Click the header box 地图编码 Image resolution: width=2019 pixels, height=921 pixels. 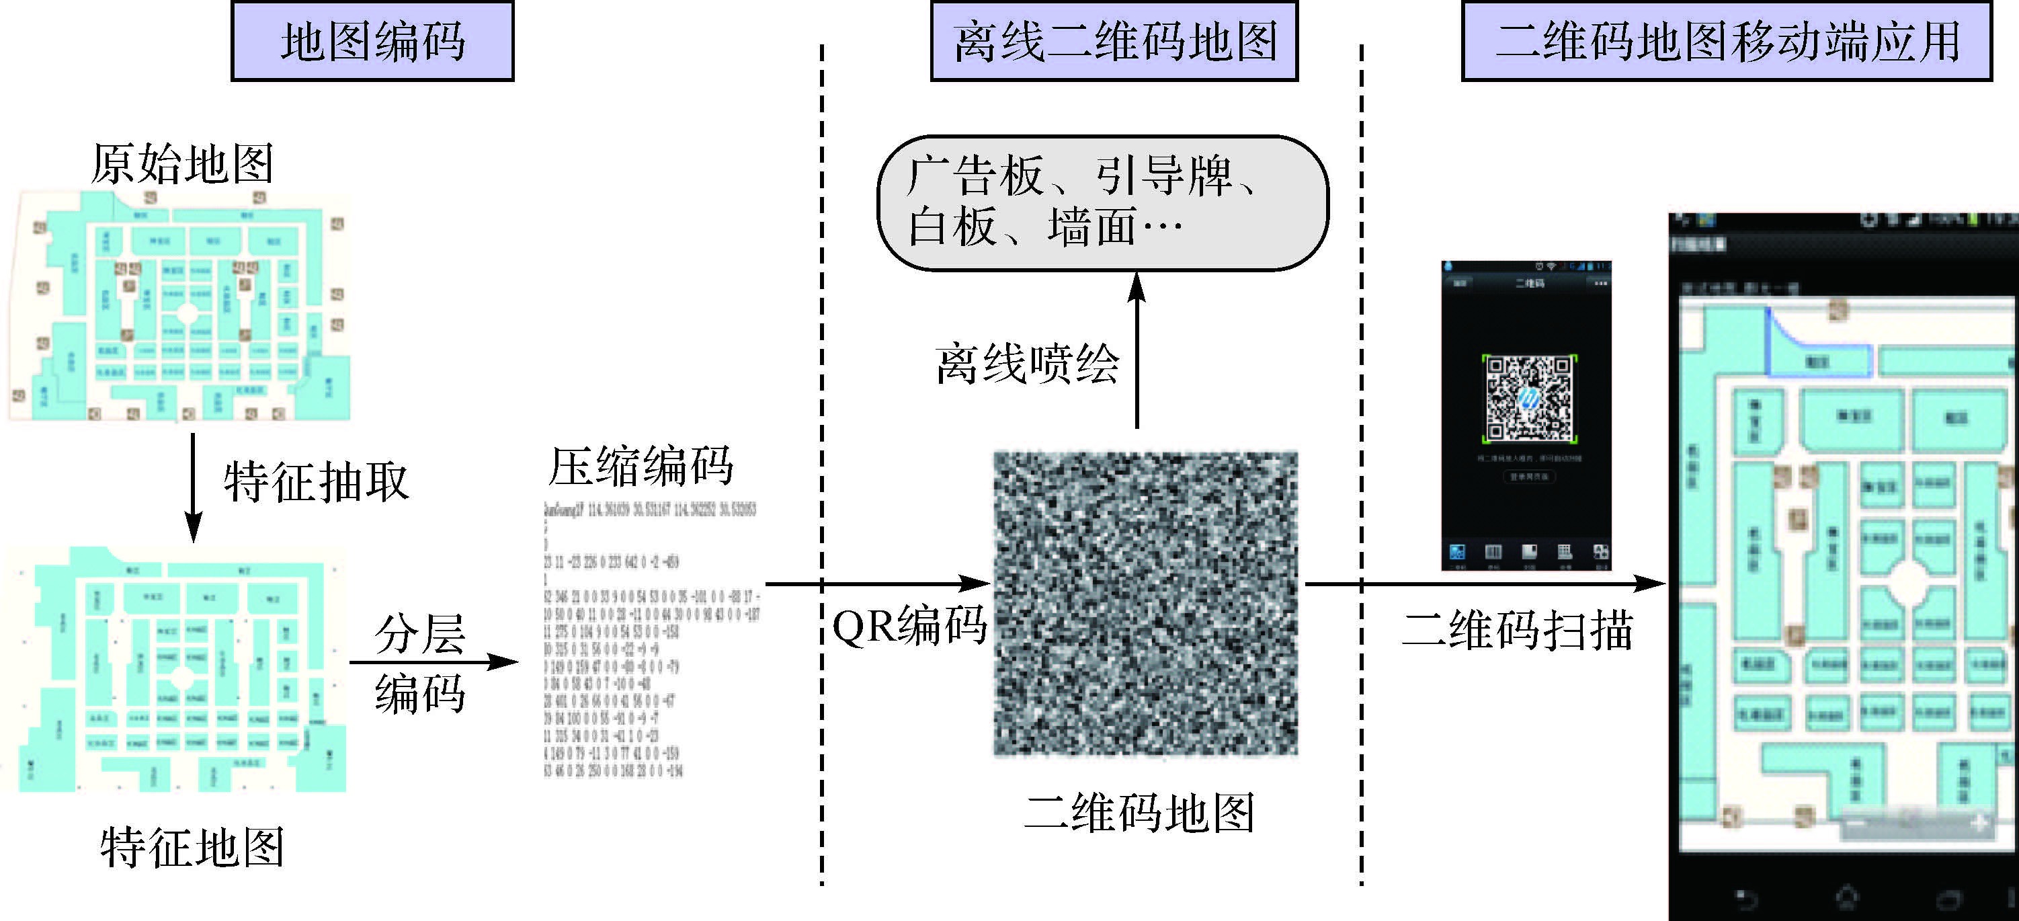click(x=372, y=41)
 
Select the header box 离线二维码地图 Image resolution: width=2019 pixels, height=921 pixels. click(x=1114, y=41)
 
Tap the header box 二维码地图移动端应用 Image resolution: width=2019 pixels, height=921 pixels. click(x=1726, y=41)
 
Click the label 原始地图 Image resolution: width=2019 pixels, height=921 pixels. click(x=182, y=164)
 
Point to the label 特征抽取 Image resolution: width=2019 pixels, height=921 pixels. click(x=316, y=481)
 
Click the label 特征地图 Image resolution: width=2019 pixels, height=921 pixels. click(x=192, y=847)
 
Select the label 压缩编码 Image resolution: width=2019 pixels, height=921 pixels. click(x=641, y=467)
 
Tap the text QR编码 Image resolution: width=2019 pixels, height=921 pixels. click(x=909, y=627)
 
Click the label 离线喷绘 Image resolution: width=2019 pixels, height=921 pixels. click(x=1027, y=364)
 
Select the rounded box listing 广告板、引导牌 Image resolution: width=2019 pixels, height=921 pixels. click(x=1102, y=203)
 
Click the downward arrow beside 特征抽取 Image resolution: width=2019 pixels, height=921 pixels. click(x=193, y=486)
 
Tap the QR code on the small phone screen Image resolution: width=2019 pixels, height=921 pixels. click(x=1529, y=398)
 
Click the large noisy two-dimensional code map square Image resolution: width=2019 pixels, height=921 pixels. click(x=1145, y=604)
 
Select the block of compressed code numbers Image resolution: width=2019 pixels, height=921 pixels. click(x=651, y=639)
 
